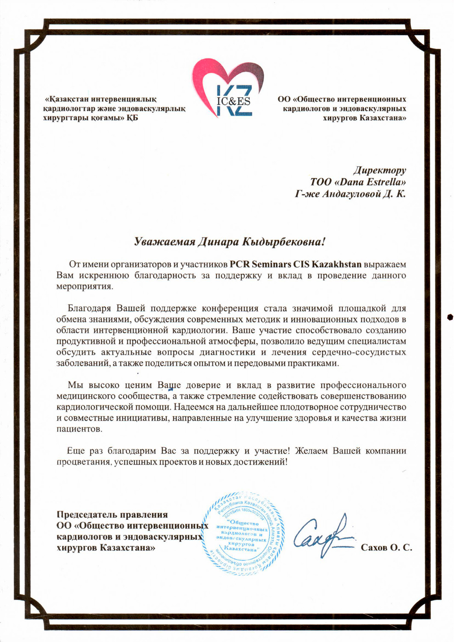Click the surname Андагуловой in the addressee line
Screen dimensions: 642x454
[x=348, y=194]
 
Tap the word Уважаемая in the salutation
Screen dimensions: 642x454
[x=164, y=241]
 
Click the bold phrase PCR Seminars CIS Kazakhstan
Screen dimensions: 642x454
[x=295, y=264]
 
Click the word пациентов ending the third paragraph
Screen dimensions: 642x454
[x=79, y=429]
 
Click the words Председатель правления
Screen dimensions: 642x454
[x=112, y=514]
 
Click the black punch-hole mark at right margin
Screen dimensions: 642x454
[x=449, y=317]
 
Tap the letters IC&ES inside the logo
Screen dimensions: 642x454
[x=233, y=101]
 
